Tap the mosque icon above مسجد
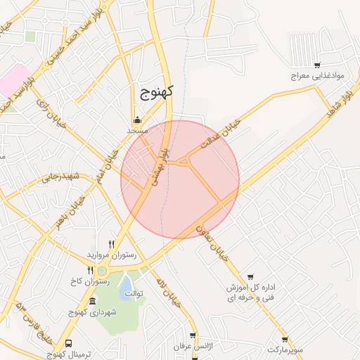click(136, 120)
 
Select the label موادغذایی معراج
click(315, 75)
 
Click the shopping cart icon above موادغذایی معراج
click(317, 65)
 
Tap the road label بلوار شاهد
click(337, 101)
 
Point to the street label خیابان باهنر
click(70, 208)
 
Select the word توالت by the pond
click(132, 292)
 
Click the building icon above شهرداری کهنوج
click(91, 301)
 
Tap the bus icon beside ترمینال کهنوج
click(68, 343)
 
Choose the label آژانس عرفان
click(193, 347)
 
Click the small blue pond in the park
click(124, 292)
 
